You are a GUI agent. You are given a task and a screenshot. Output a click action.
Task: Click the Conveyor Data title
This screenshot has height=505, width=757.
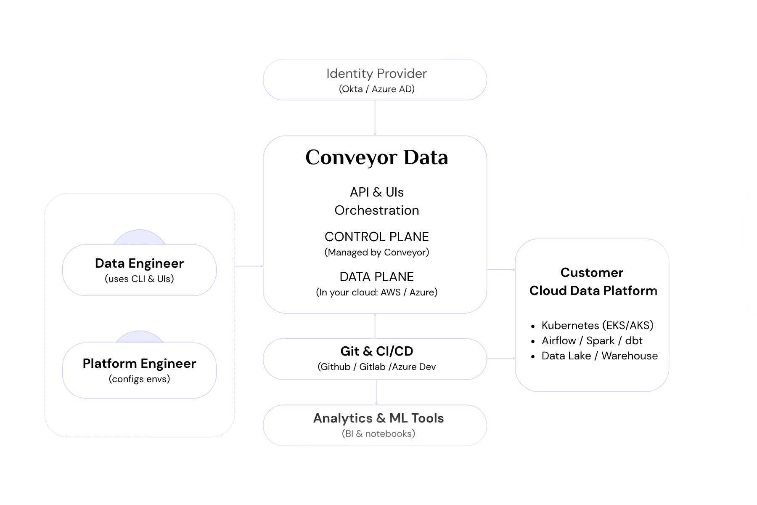coord(376,157)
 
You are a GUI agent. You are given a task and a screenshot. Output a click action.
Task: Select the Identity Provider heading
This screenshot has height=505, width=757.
coord(376,74)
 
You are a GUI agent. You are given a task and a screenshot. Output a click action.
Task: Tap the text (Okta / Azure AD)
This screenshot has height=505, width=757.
coord(376,89)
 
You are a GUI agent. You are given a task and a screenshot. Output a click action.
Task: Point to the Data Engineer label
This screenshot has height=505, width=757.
coord(139,263)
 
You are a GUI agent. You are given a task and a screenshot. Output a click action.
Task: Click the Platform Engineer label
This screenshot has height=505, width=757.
coord(139,364)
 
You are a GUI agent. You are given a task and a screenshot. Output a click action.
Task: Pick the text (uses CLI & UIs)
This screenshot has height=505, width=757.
coord(139,279)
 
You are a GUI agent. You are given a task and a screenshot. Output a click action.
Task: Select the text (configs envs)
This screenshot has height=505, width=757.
coord(139,379)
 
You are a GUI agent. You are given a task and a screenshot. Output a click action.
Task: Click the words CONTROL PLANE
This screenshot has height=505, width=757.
coord(376,237)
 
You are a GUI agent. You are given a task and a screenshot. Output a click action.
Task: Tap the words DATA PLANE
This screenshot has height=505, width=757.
coord(376,277)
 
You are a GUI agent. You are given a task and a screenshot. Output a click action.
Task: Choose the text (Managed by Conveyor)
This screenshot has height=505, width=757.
coord(376,252)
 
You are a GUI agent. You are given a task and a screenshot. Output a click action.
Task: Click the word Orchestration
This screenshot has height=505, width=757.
coord(376,210)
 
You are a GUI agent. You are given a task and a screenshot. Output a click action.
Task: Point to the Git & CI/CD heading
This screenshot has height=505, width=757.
coord(376,351)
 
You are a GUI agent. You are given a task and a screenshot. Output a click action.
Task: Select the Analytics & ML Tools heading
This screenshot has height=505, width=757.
coord(378,418)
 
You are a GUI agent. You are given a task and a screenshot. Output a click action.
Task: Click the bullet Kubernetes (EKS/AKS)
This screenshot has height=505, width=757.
coord(597,326)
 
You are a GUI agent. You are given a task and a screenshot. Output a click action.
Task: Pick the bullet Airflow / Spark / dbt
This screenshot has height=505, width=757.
coord(592,341)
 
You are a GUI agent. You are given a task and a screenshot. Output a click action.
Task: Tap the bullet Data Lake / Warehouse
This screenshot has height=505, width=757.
coord(599,356)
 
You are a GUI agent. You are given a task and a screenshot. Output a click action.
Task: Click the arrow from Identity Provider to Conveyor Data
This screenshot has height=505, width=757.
coord(375,118)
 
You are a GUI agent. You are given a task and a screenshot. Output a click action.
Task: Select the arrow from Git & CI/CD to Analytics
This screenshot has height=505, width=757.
coord(376,392)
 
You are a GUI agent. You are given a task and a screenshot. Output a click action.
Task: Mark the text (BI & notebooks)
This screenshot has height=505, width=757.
coord(378,434)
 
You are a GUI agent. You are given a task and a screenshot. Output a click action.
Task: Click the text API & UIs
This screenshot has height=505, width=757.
coord(376,192)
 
